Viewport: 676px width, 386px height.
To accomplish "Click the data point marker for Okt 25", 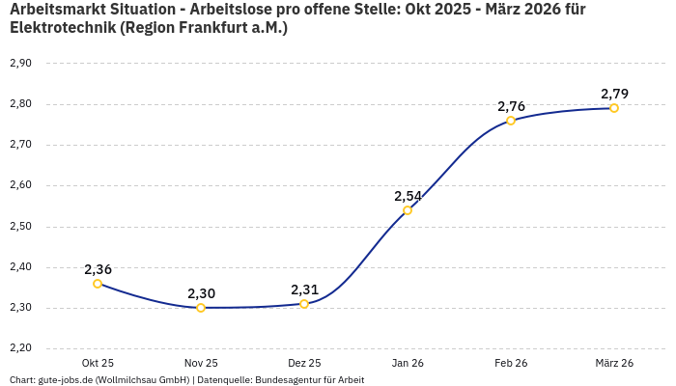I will pos(98,284).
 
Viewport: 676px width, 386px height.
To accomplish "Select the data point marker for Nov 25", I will pos(201,308).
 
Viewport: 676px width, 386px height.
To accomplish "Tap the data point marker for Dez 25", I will pos(304,304).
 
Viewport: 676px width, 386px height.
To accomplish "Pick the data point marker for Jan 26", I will pos(408,210).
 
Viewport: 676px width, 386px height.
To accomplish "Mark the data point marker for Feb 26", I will pos(511,121).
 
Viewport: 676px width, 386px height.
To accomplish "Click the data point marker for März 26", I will pos(614,108).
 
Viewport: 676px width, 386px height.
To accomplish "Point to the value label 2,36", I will pos(98,269).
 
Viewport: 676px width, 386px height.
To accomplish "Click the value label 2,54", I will pos(408,196).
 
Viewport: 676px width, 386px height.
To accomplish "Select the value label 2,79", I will pos(614,94).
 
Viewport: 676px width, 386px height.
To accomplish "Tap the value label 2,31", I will pos(304,289).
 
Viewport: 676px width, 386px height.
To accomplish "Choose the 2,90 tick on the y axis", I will pos(20,63).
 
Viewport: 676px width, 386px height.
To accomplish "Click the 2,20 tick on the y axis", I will pos(20,348).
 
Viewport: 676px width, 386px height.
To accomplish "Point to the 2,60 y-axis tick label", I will pos(20,185).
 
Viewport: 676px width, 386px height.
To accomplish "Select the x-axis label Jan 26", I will pos(408,363).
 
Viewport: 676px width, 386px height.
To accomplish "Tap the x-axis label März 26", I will pos(614,363).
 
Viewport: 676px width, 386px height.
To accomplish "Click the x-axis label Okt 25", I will pos(98,363).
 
